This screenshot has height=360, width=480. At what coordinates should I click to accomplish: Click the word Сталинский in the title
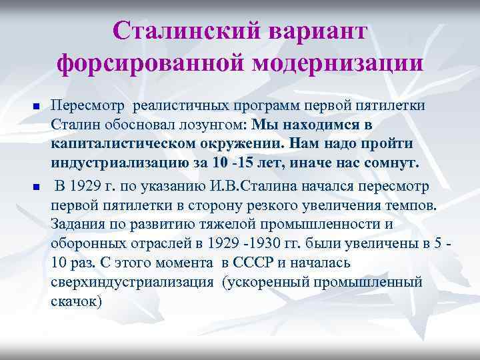click(x=180, y=31)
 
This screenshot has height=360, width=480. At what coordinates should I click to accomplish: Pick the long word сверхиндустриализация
click(x=133, y=281)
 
